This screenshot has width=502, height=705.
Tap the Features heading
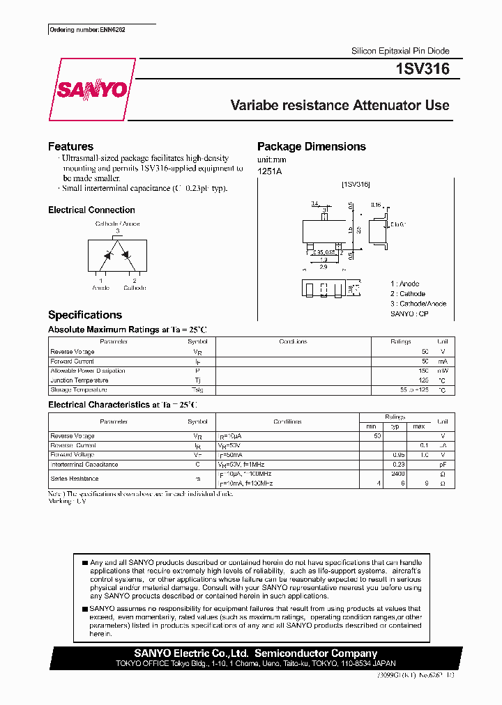pyautogui.click(x=70, y=146)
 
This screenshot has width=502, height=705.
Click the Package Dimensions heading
pyautogui.click(x=311, y=146)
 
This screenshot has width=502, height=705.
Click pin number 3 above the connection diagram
pyautogui.click(x=117, y=231)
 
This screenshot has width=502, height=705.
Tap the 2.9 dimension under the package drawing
pyautogui.click(x=324, y=267)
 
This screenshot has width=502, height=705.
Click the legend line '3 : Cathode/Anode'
pyautogui.click(x=418, y=304)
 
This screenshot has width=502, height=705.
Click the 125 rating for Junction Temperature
pyautogui.click(x=423, y=380)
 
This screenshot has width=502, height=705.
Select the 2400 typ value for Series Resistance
pyautogui.click(x=398, y=474)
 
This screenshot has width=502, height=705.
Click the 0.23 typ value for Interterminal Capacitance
pyautogui.click(x=398, y=464)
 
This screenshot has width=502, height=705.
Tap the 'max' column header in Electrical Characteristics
pyautogui.click(x=418, y=426)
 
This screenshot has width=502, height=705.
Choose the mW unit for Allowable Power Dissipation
pyautogui.click(x=442, y=371)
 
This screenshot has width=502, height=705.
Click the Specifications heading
pyautogui.click(x=84, y=315)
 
